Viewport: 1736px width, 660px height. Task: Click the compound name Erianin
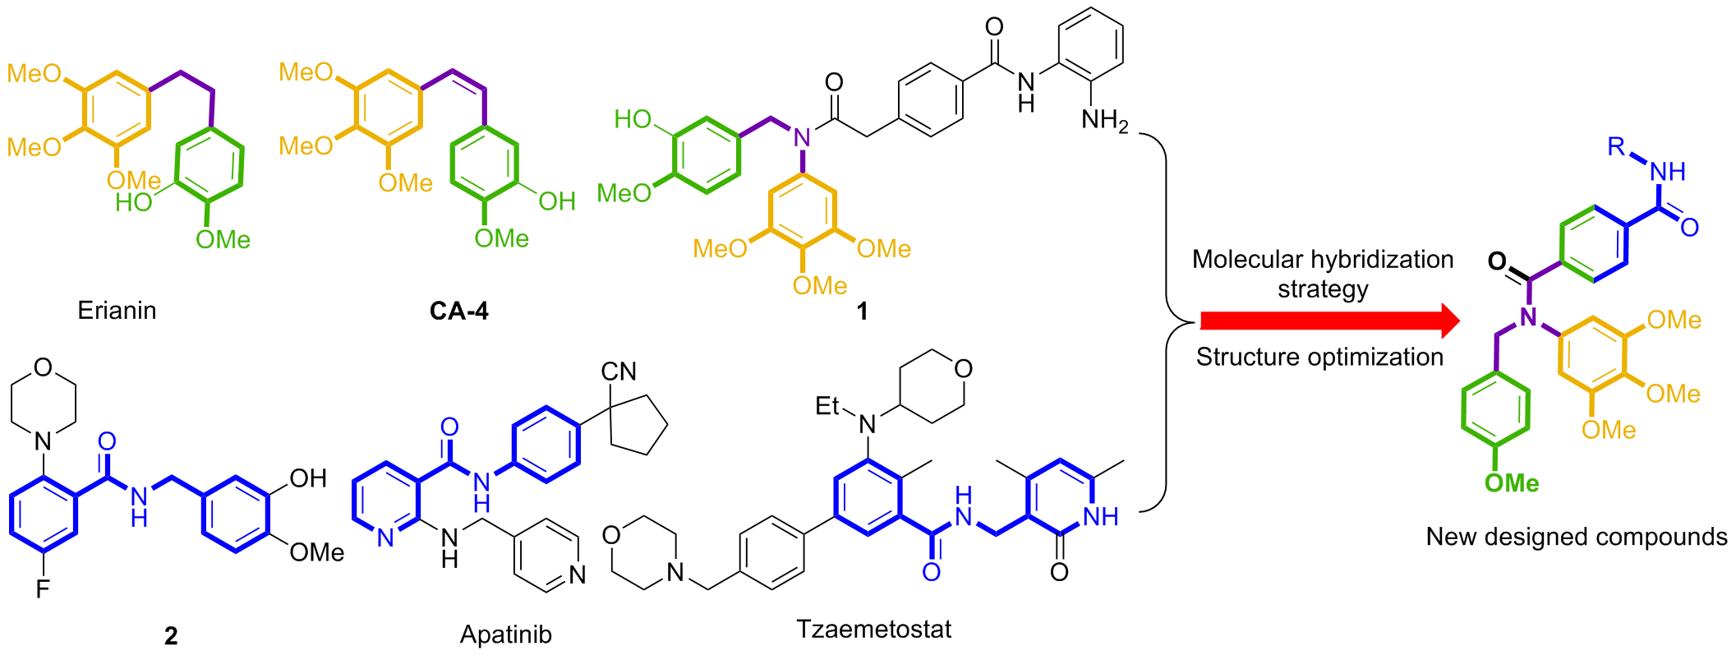(x=117, y=311)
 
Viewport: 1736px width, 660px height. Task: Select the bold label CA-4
(x=458, y=311)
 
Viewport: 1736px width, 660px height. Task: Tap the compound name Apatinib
(x=505, y=635)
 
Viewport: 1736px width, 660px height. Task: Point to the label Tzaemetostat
(x=873, y=630)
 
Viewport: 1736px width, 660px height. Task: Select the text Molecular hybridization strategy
(x=1322, y=274)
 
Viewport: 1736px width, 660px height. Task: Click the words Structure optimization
(x=1319, y=357)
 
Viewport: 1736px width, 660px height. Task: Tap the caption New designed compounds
(x=1576, y=537)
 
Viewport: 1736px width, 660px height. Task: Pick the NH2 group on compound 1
(x=1104, y=121)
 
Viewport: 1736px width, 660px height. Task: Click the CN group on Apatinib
(x=619, y=372)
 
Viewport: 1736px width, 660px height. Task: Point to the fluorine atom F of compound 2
(x=43, y=588)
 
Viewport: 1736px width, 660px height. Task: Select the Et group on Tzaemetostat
(x=827, y=406)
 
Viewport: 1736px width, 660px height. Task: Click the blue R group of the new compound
(x=1616, y=146)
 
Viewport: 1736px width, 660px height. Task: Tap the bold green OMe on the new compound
(x=1511, y=483)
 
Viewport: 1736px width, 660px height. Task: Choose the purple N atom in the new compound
(x=1528, y=317)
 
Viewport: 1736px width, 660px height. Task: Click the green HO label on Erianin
(x=133, y=202)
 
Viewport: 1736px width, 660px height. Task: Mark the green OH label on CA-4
(x=556, y=201)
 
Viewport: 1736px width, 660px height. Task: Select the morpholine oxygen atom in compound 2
(x=44, y=367)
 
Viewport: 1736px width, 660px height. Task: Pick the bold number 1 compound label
(x=862, y=312)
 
